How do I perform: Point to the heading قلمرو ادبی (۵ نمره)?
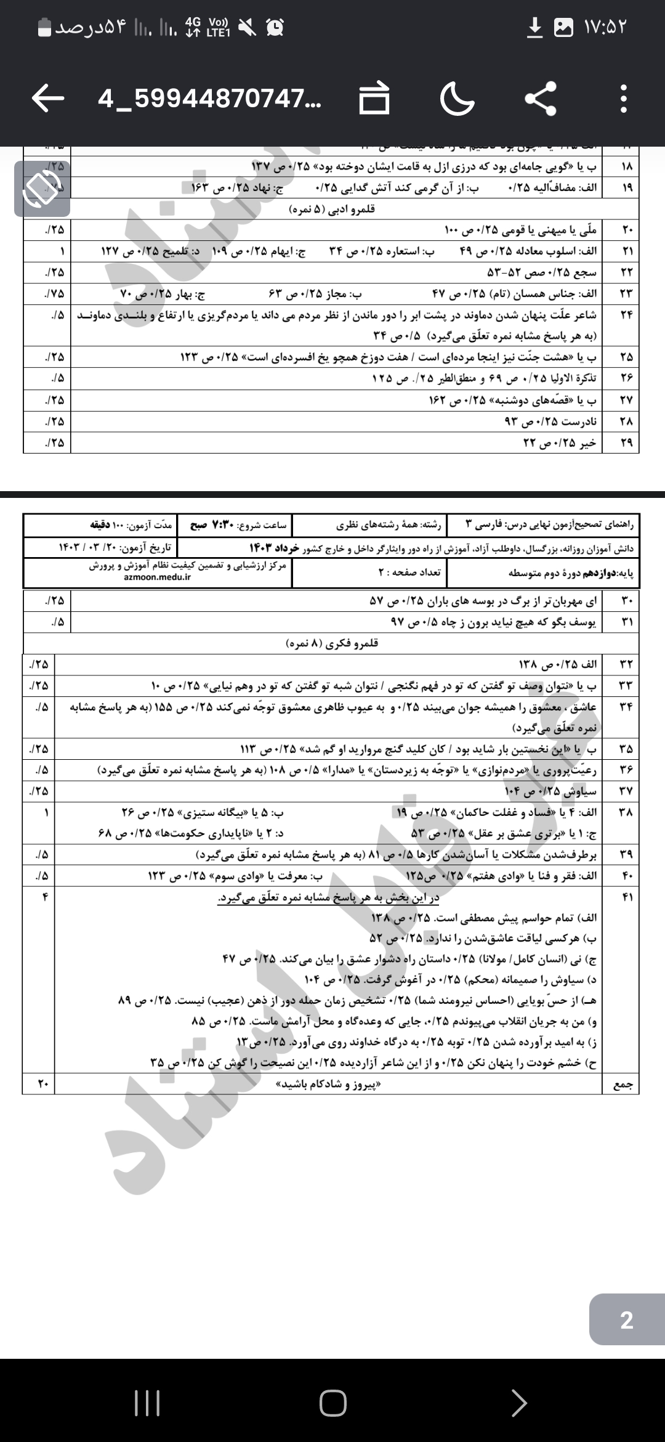coord(332,210)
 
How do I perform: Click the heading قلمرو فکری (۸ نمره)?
coord(332,643)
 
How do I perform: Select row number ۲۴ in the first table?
coord(626,315)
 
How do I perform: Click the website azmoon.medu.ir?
coord(157,577)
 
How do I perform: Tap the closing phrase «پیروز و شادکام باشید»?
coord(329,1085)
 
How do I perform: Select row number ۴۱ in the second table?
coord(627,897)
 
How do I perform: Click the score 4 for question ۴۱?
coord(44,897)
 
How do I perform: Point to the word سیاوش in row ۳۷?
coord(580,791)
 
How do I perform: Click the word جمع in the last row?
coord(623,1085)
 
